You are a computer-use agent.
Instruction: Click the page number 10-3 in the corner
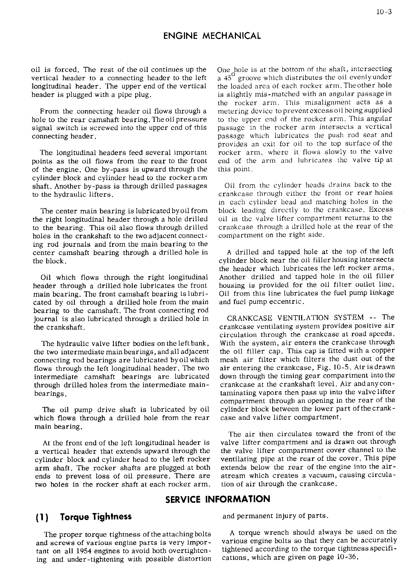384,12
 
